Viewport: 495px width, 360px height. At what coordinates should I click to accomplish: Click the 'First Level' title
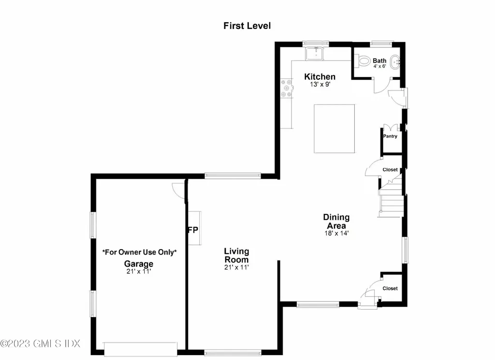247,26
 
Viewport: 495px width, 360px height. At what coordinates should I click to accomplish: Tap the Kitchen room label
320,77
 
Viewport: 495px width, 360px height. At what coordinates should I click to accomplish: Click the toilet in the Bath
364,61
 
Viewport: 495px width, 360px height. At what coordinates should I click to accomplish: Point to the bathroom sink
396,61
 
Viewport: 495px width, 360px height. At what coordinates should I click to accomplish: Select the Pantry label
390,136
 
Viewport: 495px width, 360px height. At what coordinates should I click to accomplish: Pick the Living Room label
236,255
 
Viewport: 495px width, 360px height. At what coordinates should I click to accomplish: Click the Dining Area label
336,222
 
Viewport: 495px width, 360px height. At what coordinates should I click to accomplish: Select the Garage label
139,264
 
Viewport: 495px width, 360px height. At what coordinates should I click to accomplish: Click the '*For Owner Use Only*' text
139,252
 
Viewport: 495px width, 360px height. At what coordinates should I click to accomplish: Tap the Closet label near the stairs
390,170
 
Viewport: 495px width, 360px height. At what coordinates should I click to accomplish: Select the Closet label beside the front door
390,288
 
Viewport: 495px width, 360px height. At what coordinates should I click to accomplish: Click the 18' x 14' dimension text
336,233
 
